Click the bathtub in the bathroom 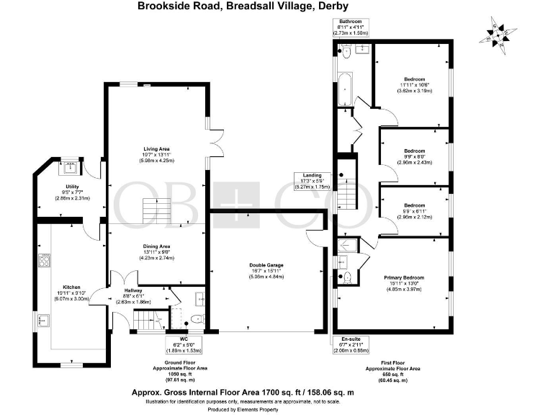coord(345,89)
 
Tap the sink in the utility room coord(71,168)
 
